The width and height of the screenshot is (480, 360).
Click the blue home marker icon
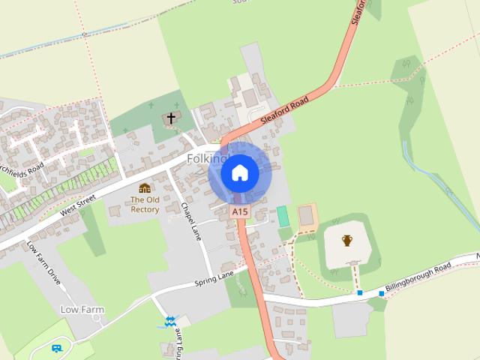(x=239, y=173)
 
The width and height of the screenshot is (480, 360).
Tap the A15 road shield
(x=239, y=212)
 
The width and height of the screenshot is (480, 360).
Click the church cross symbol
(x=171, y=118)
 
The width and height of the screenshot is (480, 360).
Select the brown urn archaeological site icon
(x=347, y=241)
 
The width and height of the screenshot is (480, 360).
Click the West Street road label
(x=79, y=205)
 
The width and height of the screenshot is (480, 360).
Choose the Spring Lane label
(x=214, y=277)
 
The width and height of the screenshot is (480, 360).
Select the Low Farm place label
(x=82, y=309)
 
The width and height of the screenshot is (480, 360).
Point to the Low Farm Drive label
(x=44, y=262)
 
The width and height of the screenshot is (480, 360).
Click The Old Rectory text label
(x=145, y=204)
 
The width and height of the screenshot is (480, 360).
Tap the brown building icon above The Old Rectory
(x=145, y=187)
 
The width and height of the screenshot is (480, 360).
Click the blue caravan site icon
(x=56, y=348)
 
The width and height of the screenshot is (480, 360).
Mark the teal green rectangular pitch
(x=283, y=216)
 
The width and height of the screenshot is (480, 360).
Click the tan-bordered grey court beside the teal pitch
(x=307, y=217)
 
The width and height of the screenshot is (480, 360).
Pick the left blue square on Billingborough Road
(x=360, y=292)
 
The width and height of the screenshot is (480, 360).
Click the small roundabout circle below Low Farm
(x=97, y=317)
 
